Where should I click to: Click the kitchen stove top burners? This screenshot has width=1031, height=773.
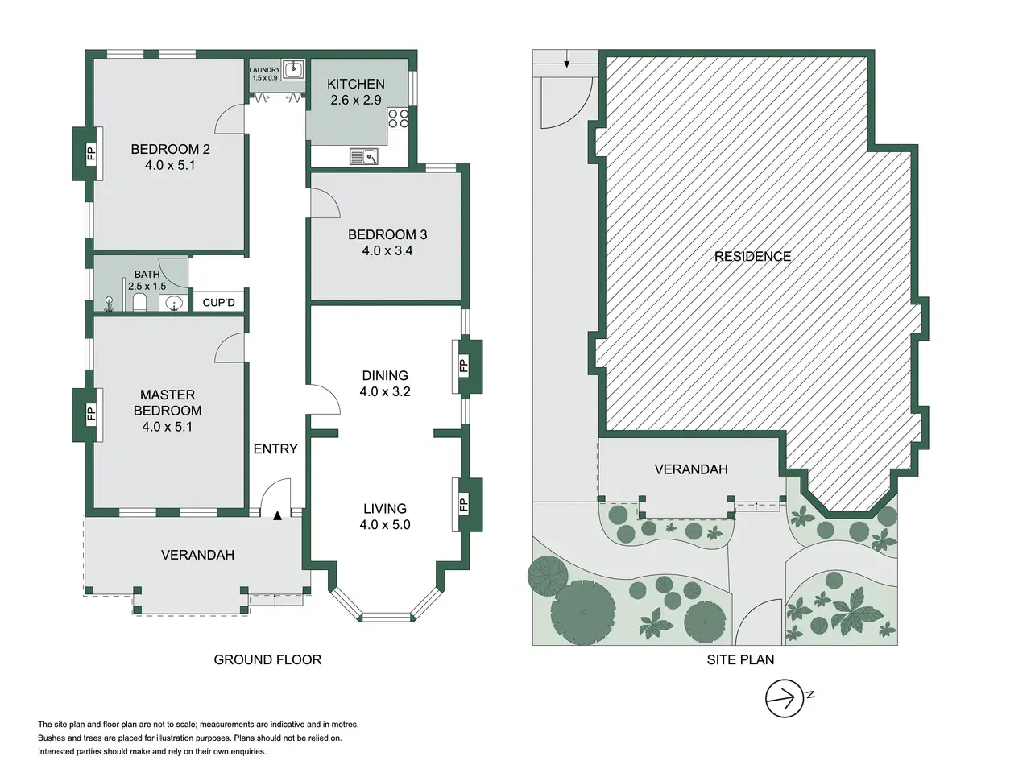point(398,118)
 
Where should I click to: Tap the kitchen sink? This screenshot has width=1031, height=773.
point(363,156)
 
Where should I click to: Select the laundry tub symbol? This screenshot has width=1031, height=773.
point(294,70)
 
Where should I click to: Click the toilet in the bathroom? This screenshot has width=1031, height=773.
point(139,302)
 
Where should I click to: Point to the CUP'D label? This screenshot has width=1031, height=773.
point(218,302)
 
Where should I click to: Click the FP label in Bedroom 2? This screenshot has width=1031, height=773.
point(91,153)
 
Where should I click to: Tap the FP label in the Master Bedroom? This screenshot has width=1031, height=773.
point(91,414)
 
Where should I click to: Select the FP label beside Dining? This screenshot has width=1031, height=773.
point(463,365)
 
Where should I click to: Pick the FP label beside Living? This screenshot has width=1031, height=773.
point(463,504)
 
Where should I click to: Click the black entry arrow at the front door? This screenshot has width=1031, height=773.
point(278,515)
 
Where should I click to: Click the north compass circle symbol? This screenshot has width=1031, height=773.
point(784,698)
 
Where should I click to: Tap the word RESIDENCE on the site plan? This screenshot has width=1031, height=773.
point(752,256)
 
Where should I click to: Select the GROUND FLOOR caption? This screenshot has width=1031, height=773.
point(267,660)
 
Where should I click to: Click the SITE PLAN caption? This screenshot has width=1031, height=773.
point(740,660)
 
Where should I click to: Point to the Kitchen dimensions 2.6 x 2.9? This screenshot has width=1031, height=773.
point(355,100)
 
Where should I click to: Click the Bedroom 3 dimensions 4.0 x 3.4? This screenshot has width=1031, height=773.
point(387,250)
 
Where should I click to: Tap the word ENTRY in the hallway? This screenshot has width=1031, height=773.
point(275,449)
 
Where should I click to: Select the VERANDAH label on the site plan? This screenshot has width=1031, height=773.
point(691,469)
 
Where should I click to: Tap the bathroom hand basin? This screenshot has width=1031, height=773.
point(175,304)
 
